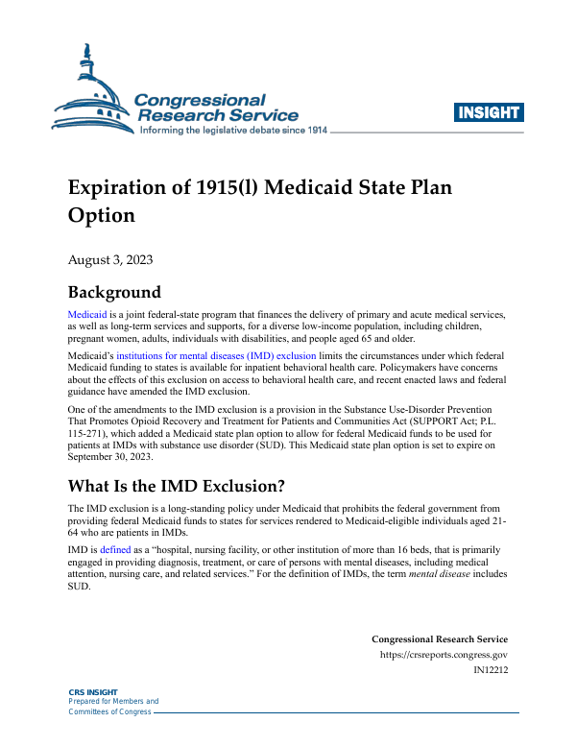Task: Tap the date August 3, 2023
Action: click(110, 259)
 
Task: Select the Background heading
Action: click(114, 293)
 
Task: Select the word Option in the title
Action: click(101, 215)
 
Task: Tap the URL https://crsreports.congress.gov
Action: click(444, 655)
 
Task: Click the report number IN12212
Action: click(491, 670)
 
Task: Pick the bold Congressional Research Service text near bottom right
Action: click(440, 639)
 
